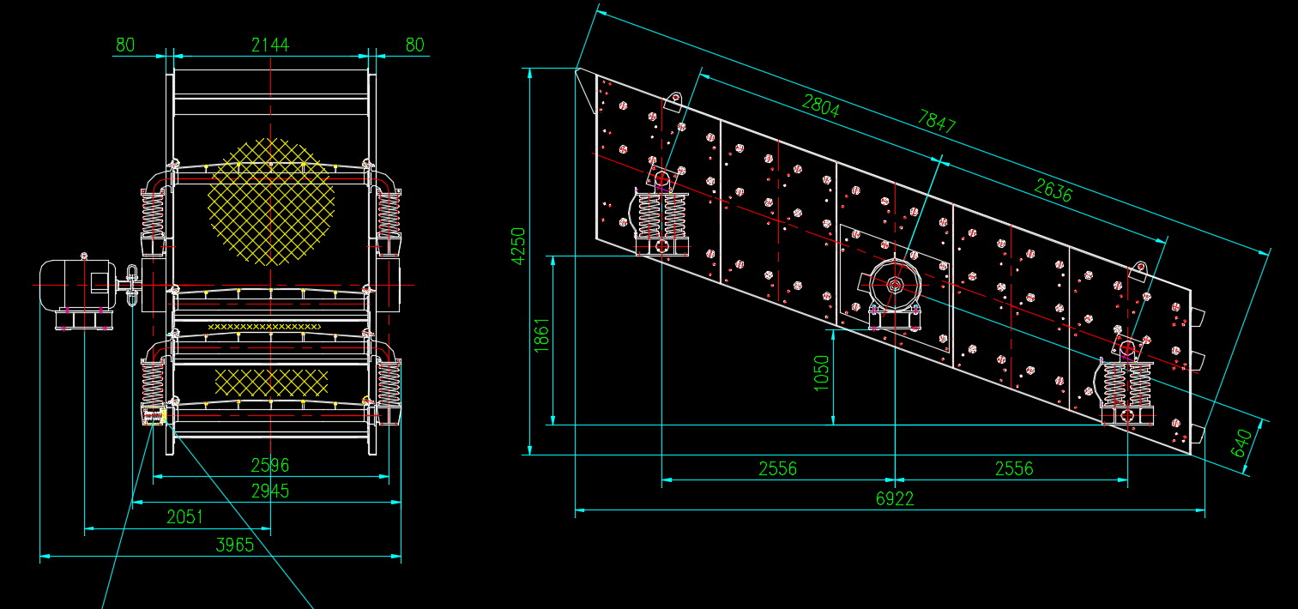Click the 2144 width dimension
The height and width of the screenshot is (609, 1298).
tap(270, 45)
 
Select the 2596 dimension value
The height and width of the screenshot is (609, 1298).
tap(270, 465)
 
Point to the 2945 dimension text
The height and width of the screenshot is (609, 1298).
tap(270, 491)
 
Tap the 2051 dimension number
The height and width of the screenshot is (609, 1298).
tap(184, 517)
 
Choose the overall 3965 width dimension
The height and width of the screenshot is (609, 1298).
tap(235, 545)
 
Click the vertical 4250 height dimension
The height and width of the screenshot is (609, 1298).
tap(518, 246)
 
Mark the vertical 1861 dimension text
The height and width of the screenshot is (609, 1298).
tap(541, 335)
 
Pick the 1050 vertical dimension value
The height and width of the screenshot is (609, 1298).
tap(822, 373)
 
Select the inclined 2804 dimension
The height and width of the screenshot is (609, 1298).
tap(820, 106)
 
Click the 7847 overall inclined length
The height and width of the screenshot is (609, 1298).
tap(937, 122)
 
